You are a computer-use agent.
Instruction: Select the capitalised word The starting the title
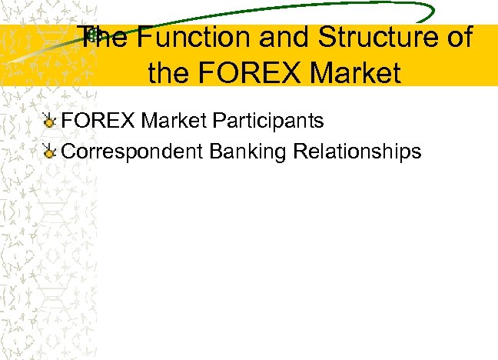[104, 38]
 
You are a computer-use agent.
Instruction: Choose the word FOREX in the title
[247, 74]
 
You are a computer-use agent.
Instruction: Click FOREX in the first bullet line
[98, 122]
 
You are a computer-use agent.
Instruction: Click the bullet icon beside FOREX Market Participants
[49, 122]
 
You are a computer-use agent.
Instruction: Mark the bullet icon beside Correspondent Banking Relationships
[49, 151]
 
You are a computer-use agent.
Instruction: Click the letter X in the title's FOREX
[290, 74]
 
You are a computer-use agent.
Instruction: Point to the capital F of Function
[142, 38]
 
